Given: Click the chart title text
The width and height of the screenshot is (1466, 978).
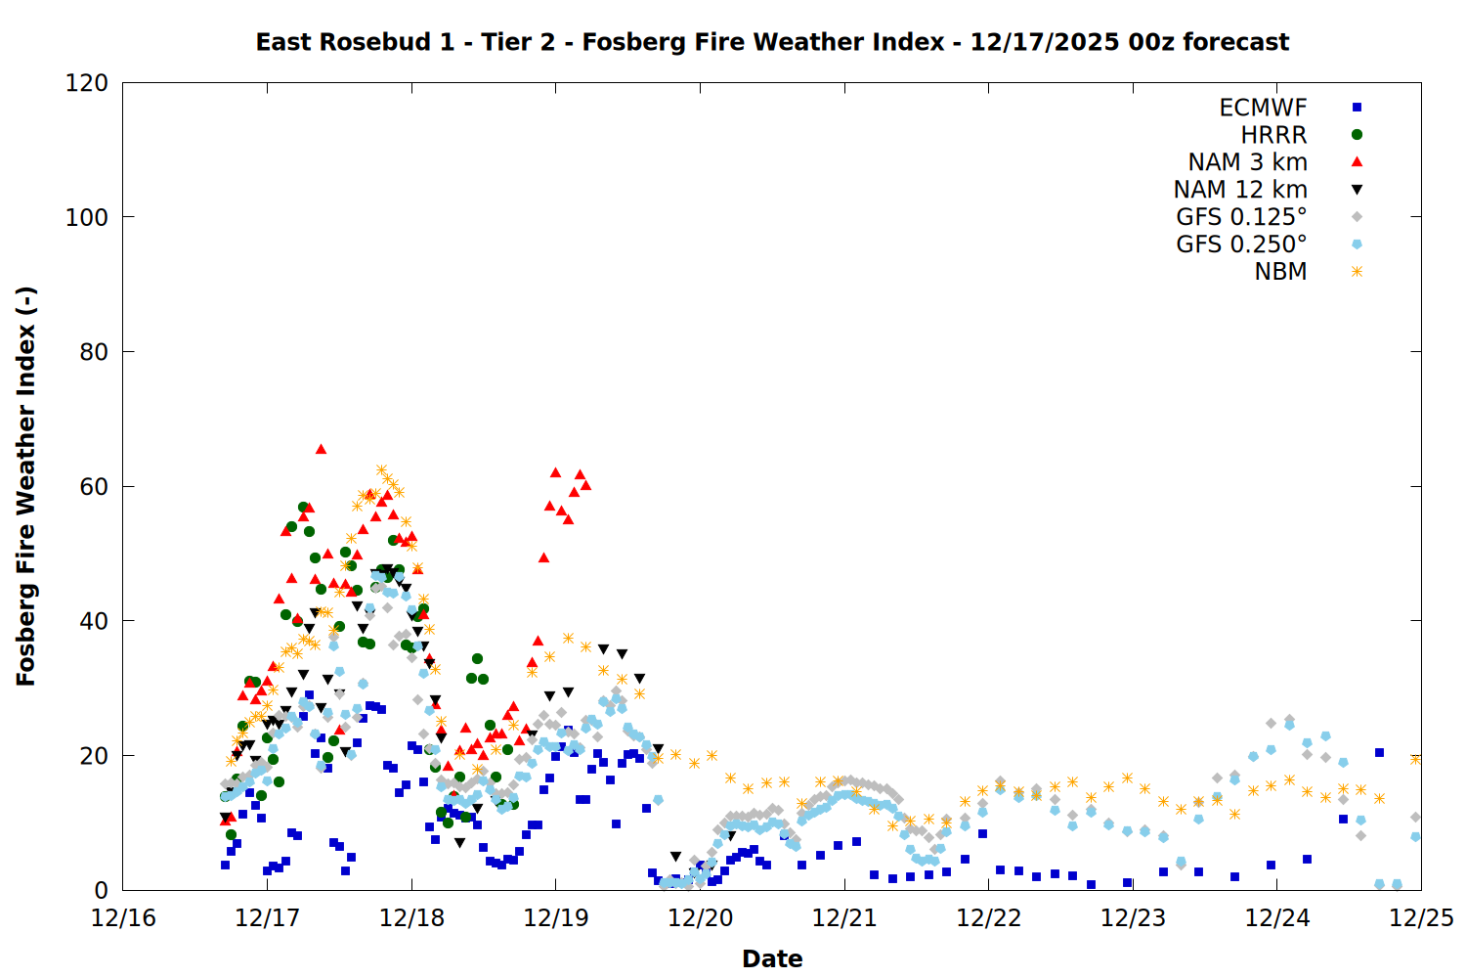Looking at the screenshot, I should click(772, 42).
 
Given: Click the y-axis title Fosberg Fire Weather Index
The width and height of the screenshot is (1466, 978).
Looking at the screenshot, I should click(26, 486).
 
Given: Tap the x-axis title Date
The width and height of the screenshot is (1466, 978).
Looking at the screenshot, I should click(772, 958).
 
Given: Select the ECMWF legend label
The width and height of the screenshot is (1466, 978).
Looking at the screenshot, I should click(1263, 108).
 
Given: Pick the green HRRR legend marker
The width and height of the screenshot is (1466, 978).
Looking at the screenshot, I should click(1357, 135).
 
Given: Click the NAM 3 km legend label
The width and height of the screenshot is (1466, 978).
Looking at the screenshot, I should click(1247, 162).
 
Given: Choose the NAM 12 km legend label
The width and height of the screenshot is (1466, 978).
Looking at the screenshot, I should click(1240, 190).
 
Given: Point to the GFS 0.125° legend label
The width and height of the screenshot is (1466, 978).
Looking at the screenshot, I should click(1241, 217).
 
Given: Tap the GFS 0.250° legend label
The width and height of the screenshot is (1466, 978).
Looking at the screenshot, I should click(1241, 244).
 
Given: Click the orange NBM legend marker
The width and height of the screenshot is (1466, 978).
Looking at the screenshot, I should click(1357, 272).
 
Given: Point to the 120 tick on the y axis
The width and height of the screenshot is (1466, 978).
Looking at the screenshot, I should click(87, 83).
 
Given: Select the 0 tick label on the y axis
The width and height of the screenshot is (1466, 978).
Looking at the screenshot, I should click(101, 890).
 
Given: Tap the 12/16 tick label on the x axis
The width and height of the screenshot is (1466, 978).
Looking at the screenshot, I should click(123, 918).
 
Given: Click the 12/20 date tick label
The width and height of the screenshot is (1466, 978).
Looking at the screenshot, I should click(701, 918).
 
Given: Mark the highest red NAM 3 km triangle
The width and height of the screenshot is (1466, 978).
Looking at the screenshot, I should click(321, 449).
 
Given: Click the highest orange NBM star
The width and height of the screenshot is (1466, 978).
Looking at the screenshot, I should click(381, 470).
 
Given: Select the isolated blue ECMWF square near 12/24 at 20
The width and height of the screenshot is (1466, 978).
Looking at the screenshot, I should click(1379, 752).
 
